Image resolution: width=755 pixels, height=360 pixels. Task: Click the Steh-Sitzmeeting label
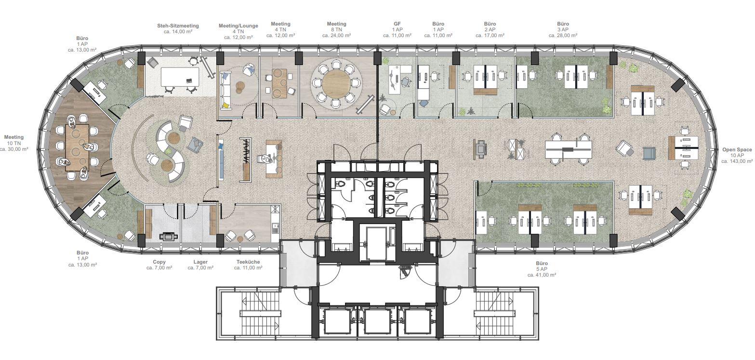[178, 26]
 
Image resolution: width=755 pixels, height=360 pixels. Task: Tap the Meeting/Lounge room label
[238, 26]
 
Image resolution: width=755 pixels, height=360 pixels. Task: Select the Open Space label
[737, 149]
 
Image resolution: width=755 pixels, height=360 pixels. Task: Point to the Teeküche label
[248, 262]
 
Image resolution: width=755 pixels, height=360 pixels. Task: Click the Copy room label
[159, 262]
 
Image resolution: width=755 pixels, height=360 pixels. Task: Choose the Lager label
[200, 262]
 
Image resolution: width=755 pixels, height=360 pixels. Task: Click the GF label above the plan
[397, 24]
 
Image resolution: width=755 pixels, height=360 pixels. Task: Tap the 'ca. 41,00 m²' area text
[542, 275]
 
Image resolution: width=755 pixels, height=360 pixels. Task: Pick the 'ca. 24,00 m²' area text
[336, 35]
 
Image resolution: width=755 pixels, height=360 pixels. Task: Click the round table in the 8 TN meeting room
[336, 83]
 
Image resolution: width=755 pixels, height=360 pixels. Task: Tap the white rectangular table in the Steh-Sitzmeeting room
[180, 77]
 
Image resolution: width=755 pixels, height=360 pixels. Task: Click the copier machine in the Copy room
[168, 236]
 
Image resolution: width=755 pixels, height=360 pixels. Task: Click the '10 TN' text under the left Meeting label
[14, 143]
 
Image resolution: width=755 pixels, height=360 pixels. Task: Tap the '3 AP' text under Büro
[563, 30]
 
